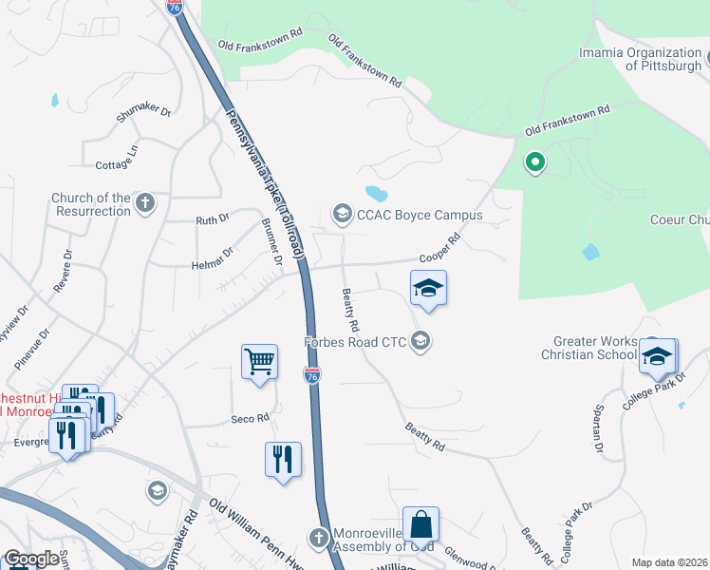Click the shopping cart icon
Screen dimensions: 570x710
(x=259, y=362)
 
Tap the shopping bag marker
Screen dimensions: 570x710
(x=420, y=524)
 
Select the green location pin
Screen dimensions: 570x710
(x=534, y=162)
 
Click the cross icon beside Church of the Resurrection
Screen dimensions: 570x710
(x=145, y=202)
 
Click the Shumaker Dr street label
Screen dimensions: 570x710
(x=143, y=113)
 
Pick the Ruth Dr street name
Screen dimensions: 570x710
(x=213, y=219)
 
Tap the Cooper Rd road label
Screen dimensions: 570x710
(x=439, y=250)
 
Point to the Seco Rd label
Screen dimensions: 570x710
(x=251, y=418)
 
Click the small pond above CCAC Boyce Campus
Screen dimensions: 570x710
(x=375, y=194)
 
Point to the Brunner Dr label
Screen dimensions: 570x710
(x=272, y=243)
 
